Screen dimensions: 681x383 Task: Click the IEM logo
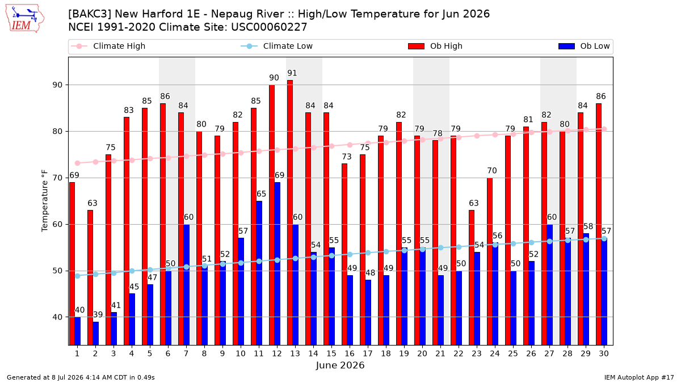tap(25, 19)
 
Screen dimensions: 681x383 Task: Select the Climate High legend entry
tap(108, 46)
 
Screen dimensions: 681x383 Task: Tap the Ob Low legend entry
tap(584, 46)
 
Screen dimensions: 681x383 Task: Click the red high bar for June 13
tap(290, 212)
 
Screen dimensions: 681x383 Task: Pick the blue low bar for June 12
tap(278, 263)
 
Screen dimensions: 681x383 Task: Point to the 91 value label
tap(292, 73)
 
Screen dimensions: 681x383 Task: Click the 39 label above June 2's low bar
tap(98, 314)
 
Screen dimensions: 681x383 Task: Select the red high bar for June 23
tap(472, 277)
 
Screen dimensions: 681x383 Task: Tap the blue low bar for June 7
tap(186, 285)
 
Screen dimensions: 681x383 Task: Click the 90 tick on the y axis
tap(57, 85)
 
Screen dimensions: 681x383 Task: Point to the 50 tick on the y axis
tap(57, 271)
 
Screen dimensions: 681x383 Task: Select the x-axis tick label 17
tap(368, 353)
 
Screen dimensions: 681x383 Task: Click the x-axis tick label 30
tap(604, 353)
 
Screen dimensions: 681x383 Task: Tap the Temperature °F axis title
tap(45, 201)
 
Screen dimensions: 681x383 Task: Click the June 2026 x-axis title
tap(340, 365)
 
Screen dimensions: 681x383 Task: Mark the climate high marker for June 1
tap(78, 163)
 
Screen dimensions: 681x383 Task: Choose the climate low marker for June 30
tap(604, 239)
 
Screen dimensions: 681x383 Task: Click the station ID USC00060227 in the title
tap(269, 27)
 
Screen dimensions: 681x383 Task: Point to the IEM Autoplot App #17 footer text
tap(639, 377)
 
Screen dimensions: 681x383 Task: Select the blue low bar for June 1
tap(78, 331)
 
